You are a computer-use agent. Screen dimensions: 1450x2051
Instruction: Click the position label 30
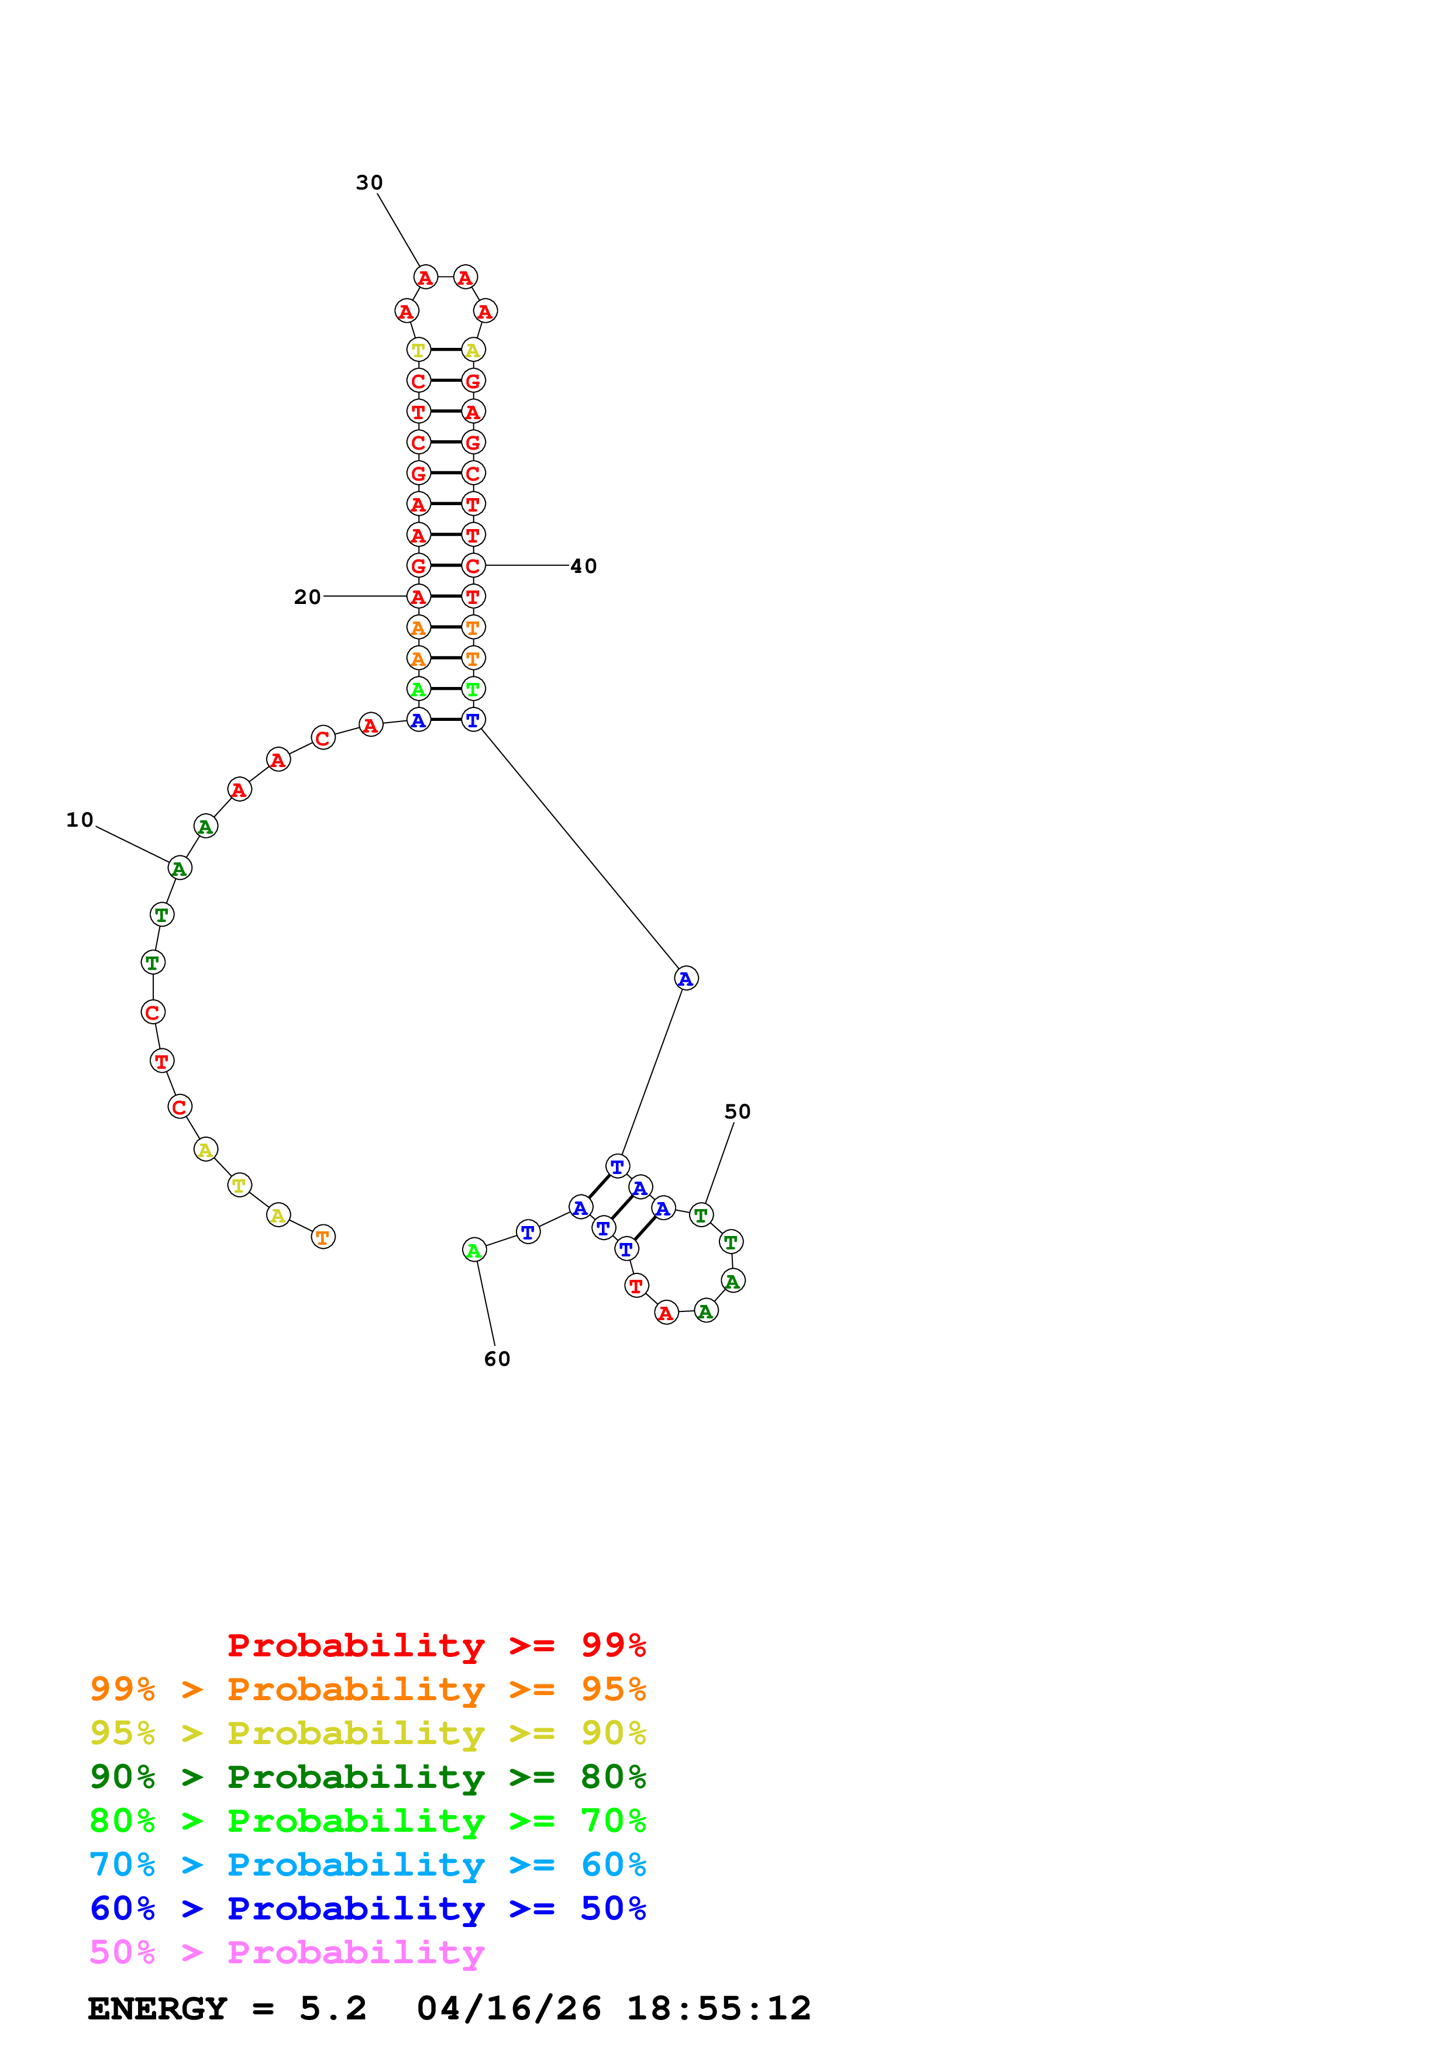[x=369, y=182]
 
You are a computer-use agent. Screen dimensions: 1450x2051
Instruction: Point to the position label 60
[x=497, y=1359]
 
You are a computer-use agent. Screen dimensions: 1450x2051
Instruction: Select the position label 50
[x=737, y=1111]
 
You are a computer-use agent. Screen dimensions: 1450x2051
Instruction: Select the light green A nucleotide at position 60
[x=474, y=1251]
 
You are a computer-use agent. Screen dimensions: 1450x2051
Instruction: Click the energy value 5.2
[x=332, y=2009]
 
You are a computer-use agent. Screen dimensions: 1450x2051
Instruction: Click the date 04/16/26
[x=508, y=2009]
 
